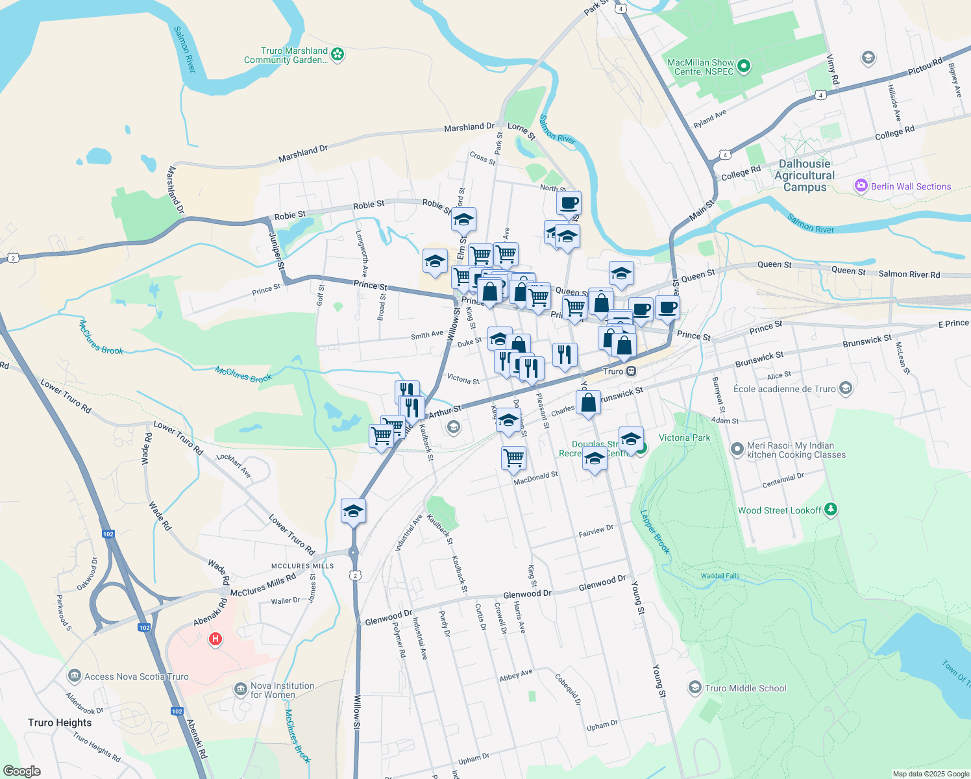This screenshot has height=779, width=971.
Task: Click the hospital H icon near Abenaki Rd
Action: tap(215, 639)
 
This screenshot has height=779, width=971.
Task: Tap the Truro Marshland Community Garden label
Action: tap(286, 55)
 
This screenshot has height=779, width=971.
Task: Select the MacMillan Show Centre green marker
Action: tap(744, 66)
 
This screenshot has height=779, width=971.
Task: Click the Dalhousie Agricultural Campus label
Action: tap(804, 175)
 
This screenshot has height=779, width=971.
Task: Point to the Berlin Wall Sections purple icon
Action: tap(861, 186)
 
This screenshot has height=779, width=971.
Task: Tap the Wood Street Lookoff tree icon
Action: tap(830, 510)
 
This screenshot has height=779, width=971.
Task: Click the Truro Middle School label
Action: tap(745, 688)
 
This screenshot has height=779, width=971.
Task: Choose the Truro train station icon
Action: tap(630, 371)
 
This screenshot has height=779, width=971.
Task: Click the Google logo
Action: tap(21, 771)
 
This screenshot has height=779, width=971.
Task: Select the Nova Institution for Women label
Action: tap(282, 690)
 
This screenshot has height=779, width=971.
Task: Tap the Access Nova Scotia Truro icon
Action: tap(75, 676)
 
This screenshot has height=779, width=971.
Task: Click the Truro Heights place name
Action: tap(60, 723)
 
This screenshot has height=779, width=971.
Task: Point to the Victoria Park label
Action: tap(684, 438)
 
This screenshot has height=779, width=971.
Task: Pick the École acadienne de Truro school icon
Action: tap(845, 388)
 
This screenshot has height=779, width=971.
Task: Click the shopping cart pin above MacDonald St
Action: tap(513, 457)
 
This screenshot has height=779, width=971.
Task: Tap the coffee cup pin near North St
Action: tap(569, 203)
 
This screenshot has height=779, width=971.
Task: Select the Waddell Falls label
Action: tap(720, 576)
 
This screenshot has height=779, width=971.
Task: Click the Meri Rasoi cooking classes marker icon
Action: tap(737, 449)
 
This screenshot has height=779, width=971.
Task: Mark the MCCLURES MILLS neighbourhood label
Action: tap(302, 566)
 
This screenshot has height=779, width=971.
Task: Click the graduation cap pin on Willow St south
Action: tap(353, 510)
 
